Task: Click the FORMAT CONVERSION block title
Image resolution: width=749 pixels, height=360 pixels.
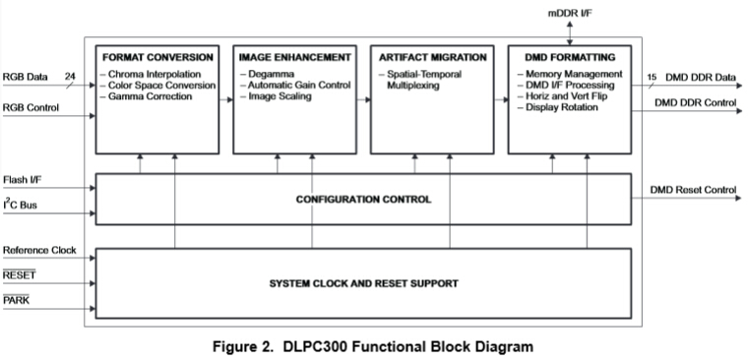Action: pyautogui.click(x=157, y=56)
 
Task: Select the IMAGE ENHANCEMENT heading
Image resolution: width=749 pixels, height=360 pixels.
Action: pyautogui.click(x=294, y=56)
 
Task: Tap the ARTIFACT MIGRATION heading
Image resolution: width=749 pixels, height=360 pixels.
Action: pyautogui.click(x=432, y=56)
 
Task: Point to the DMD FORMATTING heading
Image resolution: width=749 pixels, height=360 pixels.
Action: pyautogui.click(x=569, y=56)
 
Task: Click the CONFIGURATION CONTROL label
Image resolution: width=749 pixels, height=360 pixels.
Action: pyautogui.click(x=363, y=200)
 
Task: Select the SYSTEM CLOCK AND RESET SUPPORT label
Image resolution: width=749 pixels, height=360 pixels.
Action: pyautogui.click(x=363, y=284)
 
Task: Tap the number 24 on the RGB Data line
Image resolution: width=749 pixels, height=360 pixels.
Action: pyautogui.click(x=70, y=75)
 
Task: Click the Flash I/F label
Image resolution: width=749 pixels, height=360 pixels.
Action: pyautogui.click(x=24, y=180)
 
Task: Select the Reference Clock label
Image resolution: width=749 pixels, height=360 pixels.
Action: pyautogui.click(x=39, y=251)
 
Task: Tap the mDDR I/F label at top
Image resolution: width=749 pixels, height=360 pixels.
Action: pyautogui.click(x=571, y=12)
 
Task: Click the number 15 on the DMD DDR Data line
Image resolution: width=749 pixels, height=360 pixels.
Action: pyautogui.click(x=652, y=78)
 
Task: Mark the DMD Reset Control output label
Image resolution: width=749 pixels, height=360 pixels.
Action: pyautogui.click(x=693, y=189)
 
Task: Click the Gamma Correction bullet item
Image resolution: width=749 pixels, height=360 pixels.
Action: pyautogui.click(x=152, y=96)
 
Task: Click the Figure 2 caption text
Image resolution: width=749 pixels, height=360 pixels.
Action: pyautogui.click(x=374, y=346)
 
